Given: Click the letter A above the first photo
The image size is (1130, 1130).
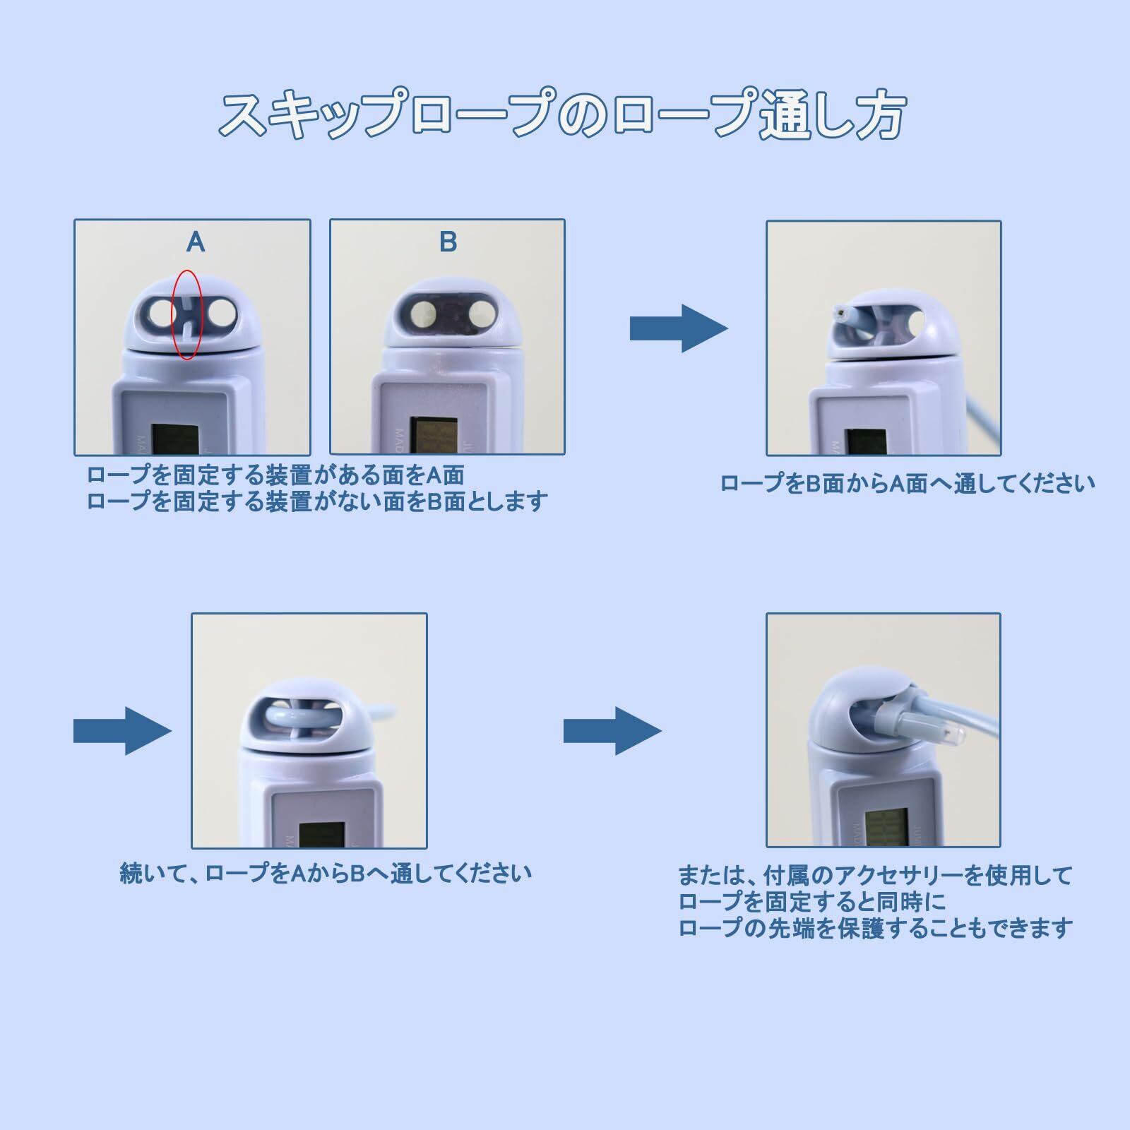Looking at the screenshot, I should tap(196, 242).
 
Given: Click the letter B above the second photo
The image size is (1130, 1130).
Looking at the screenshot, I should tap(448, 242).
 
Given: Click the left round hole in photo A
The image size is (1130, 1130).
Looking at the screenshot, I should tap(161, 311).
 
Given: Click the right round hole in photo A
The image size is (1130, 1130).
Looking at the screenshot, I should tap(220, 311).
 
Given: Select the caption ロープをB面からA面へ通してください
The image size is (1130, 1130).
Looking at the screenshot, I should tap(908, 484).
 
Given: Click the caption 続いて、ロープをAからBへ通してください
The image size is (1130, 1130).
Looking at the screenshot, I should tap(326, 874).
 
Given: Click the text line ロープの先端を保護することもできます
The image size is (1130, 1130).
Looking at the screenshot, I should tap(875, 927).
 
